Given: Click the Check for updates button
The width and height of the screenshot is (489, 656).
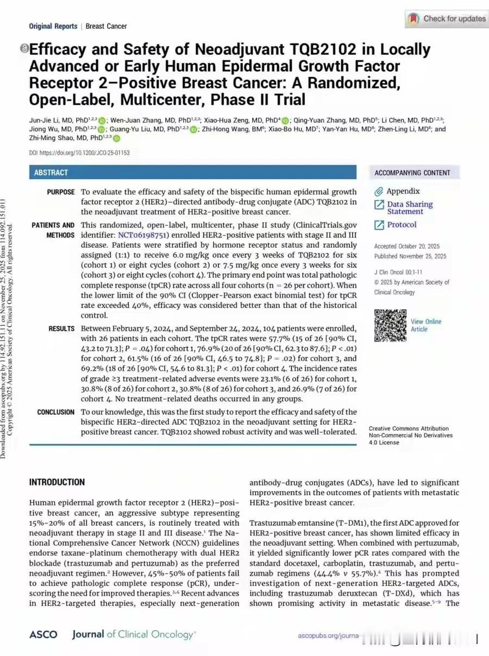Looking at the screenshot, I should click(446, 19).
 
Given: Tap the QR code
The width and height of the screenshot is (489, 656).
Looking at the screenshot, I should click(390, 325).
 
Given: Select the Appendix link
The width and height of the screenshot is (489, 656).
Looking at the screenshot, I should click(403, 191).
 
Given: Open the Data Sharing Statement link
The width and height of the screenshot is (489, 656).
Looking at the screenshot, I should click(410, 208).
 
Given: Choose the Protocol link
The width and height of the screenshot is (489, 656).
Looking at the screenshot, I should click(402, 225).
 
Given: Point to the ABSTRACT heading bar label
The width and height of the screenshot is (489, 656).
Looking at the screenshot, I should click(51, 173).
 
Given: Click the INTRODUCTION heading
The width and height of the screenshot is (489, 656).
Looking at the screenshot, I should click(57, 482).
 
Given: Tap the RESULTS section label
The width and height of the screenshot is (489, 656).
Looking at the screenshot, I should click(61, 329).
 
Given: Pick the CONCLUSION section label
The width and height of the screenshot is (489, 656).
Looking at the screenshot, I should click(56, 412).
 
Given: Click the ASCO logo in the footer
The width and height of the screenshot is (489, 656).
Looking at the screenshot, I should click(40, 634).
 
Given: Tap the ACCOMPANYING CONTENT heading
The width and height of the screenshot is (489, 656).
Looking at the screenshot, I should click(412, 173).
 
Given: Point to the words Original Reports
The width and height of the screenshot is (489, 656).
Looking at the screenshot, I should click(52, 26).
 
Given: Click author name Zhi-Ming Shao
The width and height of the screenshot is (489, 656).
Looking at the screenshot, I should click(51, 138).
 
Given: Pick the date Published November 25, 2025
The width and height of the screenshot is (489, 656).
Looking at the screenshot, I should click(410, 256).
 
